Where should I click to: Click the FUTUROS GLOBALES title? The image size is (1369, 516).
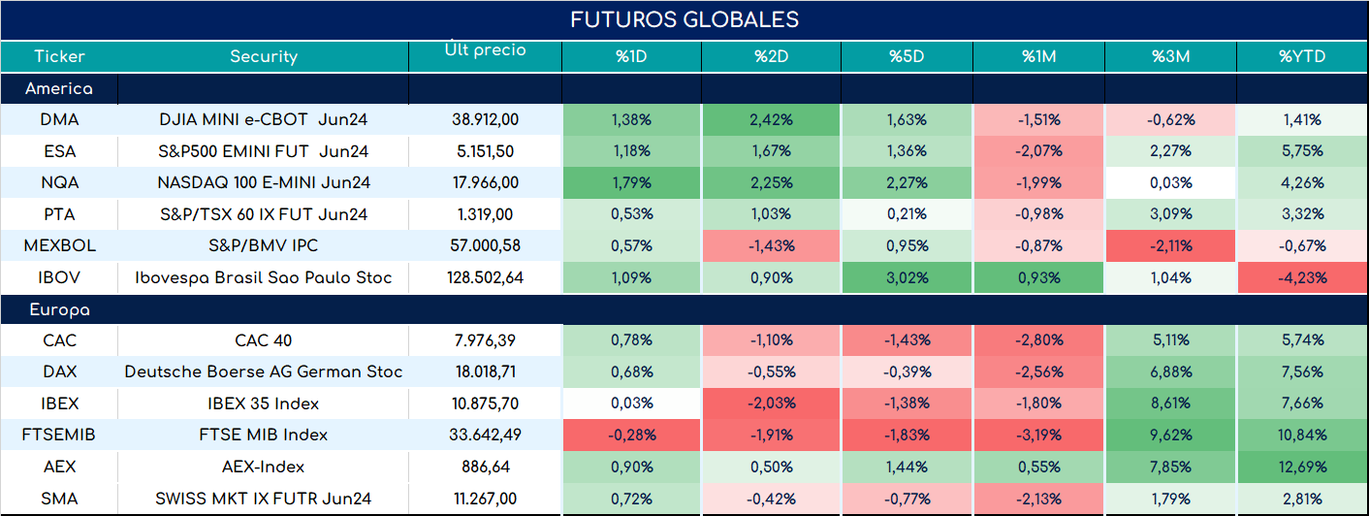pos(684,19)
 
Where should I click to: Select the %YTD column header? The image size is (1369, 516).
pos(1302,56)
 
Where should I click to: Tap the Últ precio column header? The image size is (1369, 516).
pos(486,48)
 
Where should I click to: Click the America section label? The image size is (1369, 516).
pos(59,88)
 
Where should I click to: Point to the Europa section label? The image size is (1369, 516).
pos(60,310)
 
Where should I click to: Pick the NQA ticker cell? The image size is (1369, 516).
pos(59,182)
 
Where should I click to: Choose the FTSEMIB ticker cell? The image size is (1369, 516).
pos(59,435)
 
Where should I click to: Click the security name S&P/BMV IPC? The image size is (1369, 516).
pos(264,245)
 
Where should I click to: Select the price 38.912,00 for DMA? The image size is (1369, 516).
pos(486,119)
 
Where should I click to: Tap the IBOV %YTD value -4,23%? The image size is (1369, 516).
pos(1302,277)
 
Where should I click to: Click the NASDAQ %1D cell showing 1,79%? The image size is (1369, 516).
pos(631,182)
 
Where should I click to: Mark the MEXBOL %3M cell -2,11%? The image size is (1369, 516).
pos(1171,245)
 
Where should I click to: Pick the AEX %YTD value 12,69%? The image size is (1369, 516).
pos(1302,467)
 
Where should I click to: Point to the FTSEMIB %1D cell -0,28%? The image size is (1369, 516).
pos(631,435)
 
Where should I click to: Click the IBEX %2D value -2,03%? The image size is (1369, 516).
pos(772,403)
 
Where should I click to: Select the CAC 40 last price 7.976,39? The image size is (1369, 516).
pos(486,339)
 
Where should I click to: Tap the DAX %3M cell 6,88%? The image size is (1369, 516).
pos(1171,371)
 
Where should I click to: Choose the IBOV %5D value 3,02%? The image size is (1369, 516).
pos(907,277)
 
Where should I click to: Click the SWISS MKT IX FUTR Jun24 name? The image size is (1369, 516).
pos(264,499)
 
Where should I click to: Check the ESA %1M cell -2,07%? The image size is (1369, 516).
pos(1039,150)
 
